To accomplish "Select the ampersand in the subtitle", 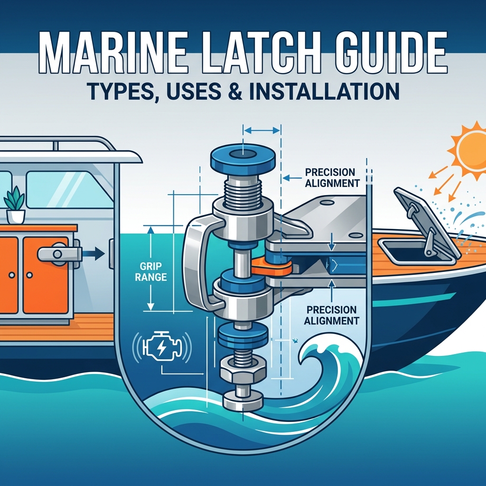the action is point(236,91).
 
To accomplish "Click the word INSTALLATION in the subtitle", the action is point(324,91).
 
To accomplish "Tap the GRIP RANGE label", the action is point(151,271).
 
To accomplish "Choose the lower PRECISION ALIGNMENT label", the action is point(331,315).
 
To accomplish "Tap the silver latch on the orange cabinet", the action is point(59,254).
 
